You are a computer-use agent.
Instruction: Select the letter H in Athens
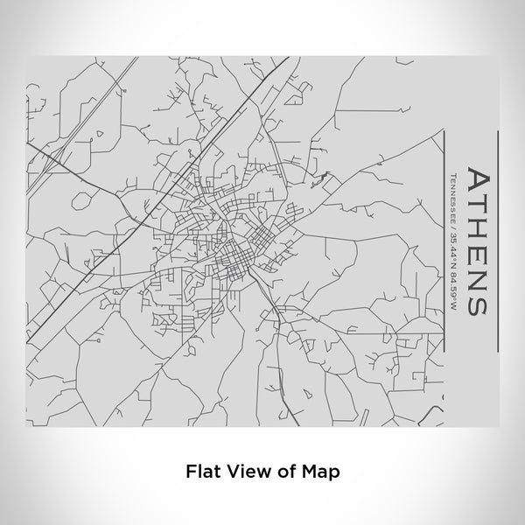pyautogui.click(x=478, y=227)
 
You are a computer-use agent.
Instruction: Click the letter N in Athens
pyautogui.click(x=478, y=277)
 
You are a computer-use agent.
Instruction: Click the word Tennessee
pyautogui.click(x=451, y=199)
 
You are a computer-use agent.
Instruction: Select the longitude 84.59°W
pyautogui.click(x=451, y=289)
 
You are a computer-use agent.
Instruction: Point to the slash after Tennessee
pyautogui.click(x=451, y=232)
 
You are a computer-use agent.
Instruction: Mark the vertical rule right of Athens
pyautogui.click(x=498, y=241)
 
